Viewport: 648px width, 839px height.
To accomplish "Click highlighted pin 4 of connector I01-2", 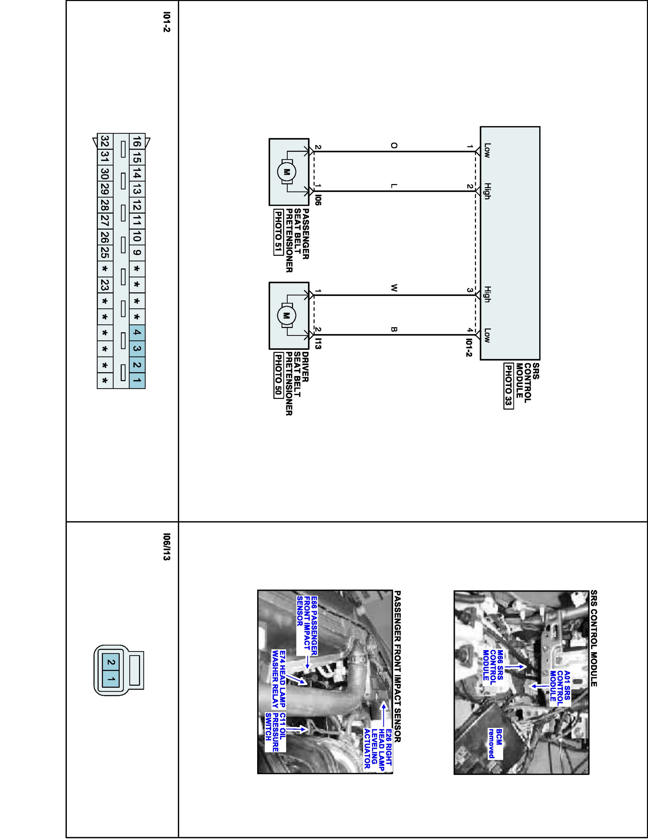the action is pos(137,333).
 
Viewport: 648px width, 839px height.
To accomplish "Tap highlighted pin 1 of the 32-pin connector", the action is pos(137,381).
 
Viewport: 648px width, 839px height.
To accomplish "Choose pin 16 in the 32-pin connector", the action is pos(137,143).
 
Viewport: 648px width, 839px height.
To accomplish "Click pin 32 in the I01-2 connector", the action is pos(105,141).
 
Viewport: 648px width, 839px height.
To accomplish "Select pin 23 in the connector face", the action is pos(105,285).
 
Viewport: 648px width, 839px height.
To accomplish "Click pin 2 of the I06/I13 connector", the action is pos(111,662).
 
